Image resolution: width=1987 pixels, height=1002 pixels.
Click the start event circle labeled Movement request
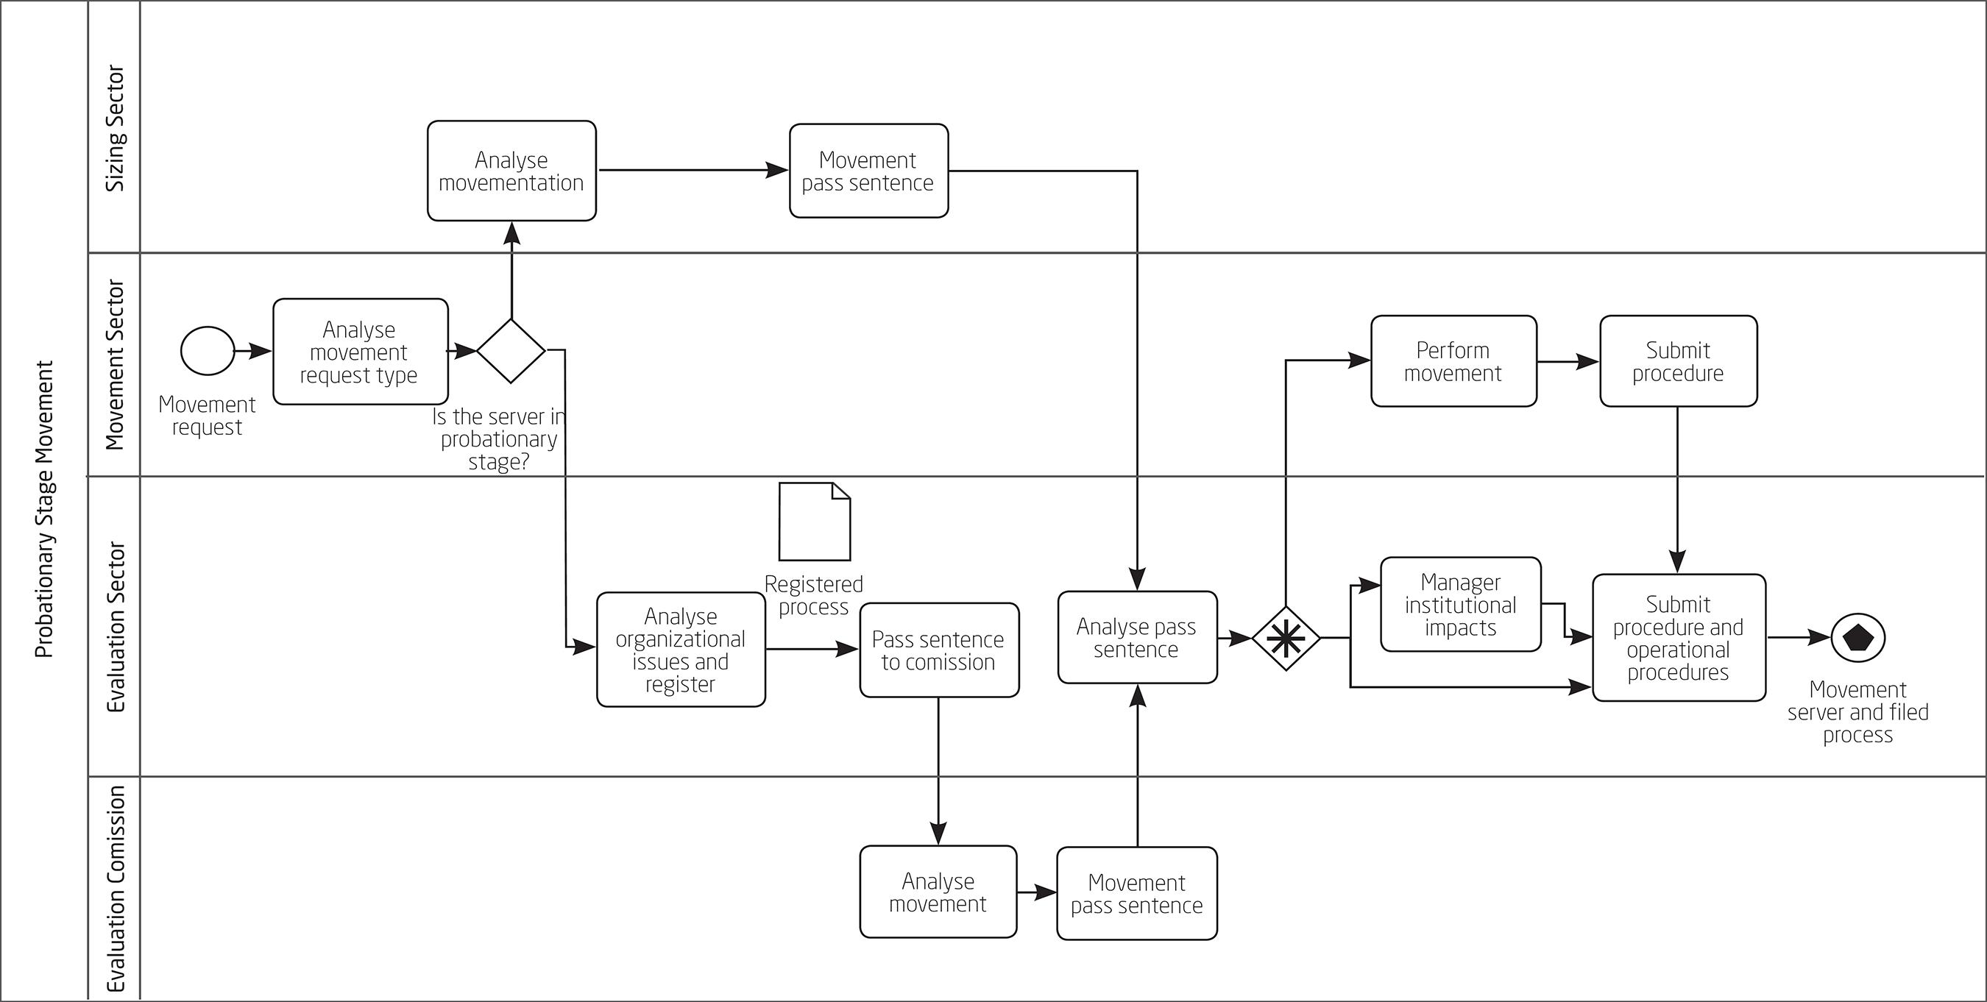point(208,351)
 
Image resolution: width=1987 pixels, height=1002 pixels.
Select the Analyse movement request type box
point(360,352)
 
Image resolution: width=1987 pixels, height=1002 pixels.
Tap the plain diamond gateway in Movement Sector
point(511,351)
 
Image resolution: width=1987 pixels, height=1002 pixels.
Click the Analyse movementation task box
point(511,171)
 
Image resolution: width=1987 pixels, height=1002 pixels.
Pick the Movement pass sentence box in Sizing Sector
point(868,171)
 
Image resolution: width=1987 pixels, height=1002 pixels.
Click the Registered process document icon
point(815,522)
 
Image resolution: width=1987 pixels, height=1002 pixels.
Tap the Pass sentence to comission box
point(939,650)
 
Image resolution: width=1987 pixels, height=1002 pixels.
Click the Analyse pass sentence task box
point(1137,637)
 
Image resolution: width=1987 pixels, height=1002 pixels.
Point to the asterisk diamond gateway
point(1285,639)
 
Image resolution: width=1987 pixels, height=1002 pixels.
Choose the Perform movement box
point(1453,361)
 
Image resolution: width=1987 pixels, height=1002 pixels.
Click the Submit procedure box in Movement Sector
point(1678,361)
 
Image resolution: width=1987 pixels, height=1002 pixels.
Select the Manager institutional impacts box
point(1460,605)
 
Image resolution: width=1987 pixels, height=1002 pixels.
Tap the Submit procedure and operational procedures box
point(1679,638)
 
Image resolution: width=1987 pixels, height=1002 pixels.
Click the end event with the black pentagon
point(1857,638)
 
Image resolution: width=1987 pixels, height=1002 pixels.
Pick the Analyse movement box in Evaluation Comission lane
point(938,892)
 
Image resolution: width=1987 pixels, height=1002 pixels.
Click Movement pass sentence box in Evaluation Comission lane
point(1137,893)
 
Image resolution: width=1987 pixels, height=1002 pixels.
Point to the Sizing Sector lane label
point(115,128)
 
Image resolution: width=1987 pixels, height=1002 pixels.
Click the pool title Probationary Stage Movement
point(45,509)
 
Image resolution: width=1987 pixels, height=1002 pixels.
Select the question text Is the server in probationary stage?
point(499,440)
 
